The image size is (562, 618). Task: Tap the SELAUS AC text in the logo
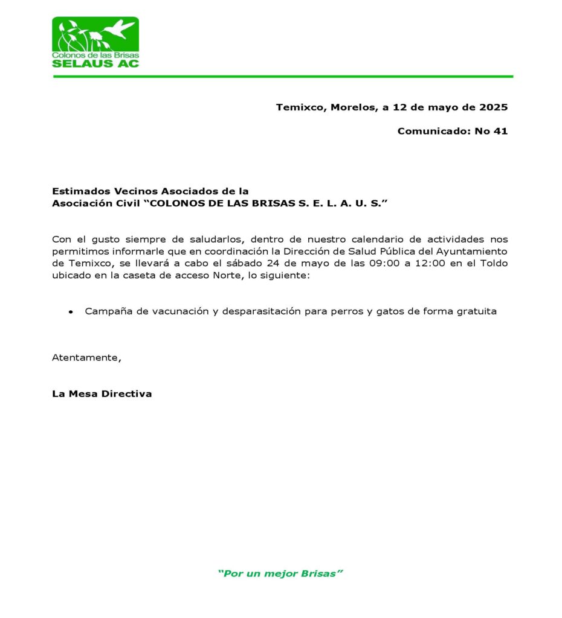point(95,63)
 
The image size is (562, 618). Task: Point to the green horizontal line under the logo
point(283,77)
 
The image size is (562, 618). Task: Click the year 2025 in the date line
point(494,107)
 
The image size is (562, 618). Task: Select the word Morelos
point(354,107)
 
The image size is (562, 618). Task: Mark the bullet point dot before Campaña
point(71,313)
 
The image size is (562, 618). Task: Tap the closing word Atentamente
point(86,357)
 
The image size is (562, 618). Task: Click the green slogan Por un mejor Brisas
point(280,573)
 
